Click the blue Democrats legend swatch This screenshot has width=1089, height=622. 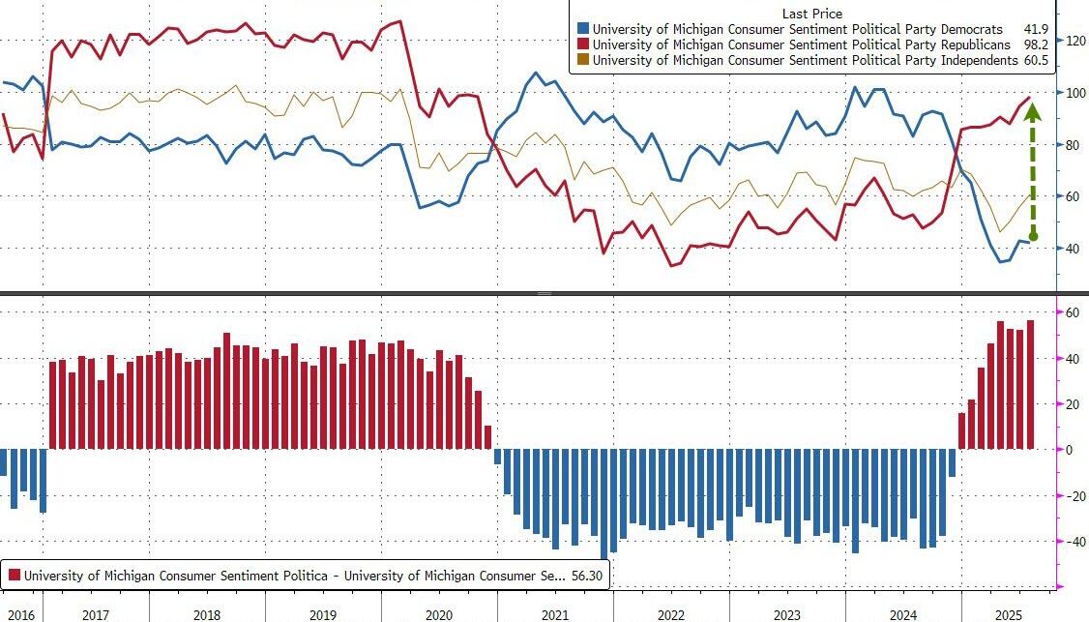point(582,29)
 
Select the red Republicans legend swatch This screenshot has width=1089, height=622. point(582,44)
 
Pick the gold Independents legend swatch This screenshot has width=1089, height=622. point(582,60)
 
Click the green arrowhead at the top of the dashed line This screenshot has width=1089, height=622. point(1032,109)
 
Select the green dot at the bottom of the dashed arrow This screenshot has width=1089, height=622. point(1033,236)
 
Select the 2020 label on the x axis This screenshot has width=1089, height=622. point(438,615)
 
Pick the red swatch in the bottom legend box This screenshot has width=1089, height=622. point(14,576)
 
